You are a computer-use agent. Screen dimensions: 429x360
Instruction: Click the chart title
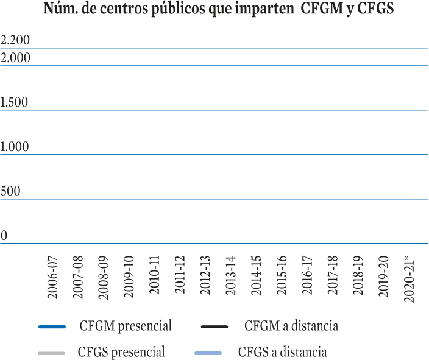219,9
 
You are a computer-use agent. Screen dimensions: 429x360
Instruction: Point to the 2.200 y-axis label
15,40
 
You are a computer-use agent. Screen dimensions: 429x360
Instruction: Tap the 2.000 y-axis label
15,58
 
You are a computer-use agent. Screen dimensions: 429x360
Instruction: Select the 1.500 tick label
14,102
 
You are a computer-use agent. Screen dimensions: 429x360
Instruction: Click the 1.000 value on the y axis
15,147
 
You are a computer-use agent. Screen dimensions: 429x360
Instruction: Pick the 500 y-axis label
10,191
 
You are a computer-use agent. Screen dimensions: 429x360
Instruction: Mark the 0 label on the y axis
4,236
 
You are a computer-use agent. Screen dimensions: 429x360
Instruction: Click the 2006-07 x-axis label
52,277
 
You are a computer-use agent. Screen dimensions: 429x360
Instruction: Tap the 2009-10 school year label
129,277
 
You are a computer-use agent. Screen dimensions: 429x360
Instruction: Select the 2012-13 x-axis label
205,275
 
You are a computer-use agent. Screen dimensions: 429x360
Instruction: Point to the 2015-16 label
282,275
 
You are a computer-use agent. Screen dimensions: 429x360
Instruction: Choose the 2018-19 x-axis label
358,276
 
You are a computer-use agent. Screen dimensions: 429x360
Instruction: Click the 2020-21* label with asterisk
409,279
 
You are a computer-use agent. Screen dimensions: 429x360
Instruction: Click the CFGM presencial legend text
126,326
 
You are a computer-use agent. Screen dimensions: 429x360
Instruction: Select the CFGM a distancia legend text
291,326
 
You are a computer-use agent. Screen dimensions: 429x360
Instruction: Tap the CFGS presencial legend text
121,352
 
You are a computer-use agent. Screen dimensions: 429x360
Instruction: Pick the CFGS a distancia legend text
283,352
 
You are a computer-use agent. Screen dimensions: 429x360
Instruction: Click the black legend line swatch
214,326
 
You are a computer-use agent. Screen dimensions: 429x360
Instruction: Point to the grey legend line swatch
51,353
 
